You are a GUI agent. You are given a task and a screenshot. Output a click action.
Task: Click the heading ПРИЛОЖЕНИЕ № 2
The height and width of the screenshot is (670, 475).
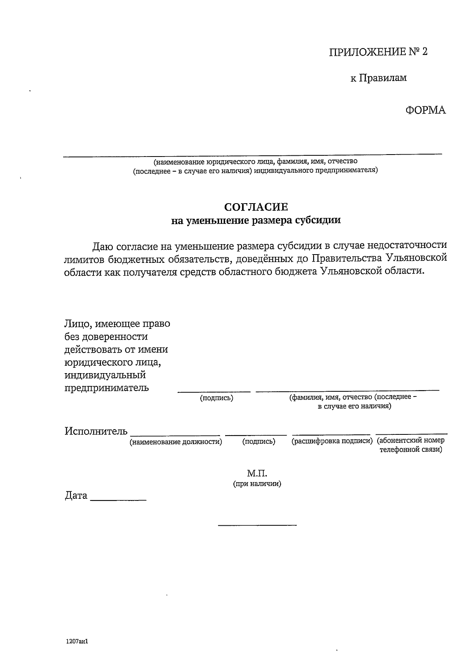click(x=378, y=52)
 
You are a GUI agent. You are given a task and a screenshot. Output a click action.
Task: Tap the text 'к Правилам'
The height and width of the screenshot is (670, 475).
click(x=378, y=78)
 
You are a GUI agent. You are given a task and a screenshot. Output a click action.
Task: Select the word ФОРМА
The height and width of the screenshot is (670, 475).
click(x=426, y=110)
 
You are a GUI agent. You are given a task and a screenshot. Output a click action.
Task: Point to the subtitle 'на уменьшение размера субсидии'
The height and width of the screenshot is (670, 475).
click(x=256, y=220)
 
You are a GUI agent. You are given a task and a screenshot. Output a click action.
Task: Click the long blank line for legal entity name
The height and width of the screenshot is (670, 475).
click(x=253, y=155)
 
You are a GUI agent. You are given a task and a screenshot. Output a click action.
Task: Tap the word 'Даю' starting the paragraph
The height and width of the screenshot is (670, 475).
click(x=103, y=246)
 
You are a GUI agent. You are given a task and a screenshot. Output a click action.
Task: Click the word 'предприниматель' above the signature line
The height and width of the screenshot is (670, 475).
click(x=106, y=387)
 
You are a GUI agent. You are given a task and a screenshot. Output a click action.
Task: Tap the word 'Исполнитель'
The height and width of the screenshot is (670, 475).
click(x=96, y=431)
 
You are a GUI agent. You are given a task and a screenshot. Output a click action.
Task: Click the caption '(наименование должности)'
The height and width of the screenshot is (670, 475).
click(x=176, y=442)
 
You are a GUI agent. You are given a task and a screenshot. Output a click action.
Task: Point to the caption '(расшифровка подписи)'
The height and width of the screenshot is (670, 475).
click(x=332, y=441)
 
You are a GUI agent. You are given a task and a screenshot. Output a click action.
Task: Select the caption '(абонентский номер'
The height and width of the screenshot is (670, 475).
click(x=410, y=440)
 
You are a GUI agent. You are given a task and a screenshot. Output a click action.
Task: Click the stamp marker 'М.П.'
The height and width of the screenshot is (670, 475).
click(x=257, y=473)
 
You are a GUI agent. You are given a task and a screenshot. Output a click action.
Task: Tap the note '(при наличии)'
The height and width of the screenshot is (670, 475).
click(x=257, y=483)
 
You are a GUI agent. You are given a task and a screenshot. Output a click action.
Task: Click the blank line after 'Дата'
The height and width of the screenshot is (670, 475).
click(x=118, y=500)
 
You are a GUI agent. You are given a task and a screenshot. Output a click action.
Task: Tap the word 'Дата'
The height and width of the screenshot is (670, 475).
click(x=76, y=496)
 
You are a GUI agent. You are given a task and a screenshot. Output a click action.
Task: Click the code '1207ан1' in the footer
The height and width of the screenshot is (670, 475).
click(x=76, y=642)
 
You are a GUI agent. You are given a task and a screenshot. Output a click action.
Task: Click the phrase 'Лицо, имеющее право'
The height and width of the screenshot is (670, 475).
click(x=117, y=324)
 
